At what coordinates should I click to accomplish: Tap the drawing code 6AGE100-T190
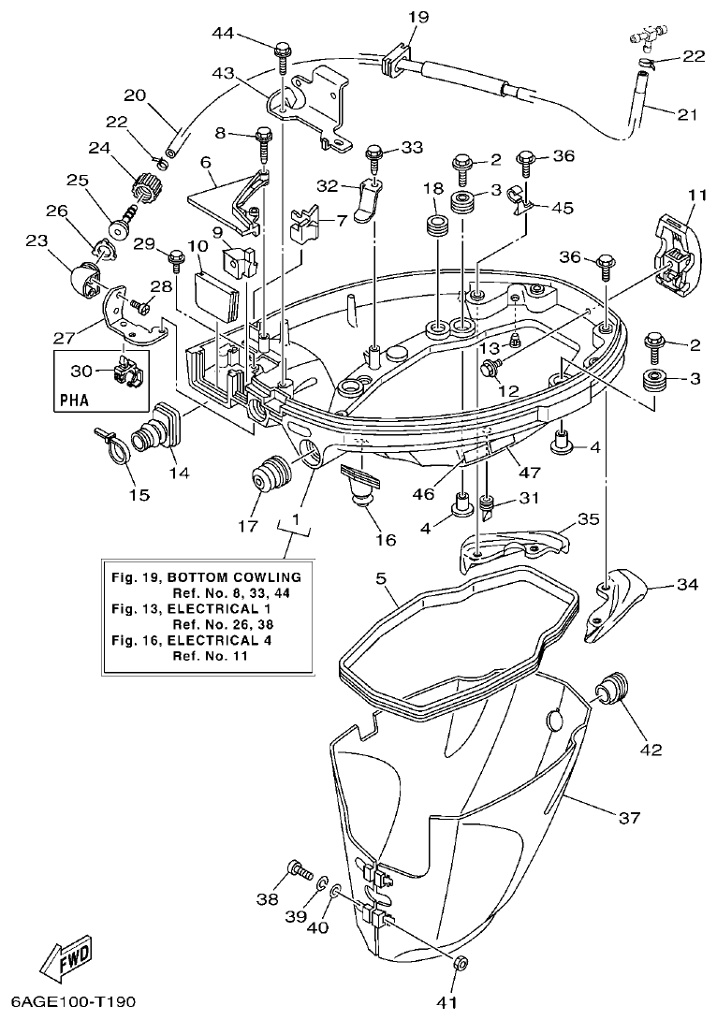click(74, 1002)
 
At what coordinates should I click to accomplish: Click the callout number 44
click(223, 34)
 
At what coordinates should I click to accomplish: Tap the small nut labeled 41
click(460, 963)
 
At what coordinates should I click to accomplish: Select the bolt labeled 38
click(299, 870)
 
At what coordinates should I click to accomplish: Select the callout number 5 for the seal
click(382, 579)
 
